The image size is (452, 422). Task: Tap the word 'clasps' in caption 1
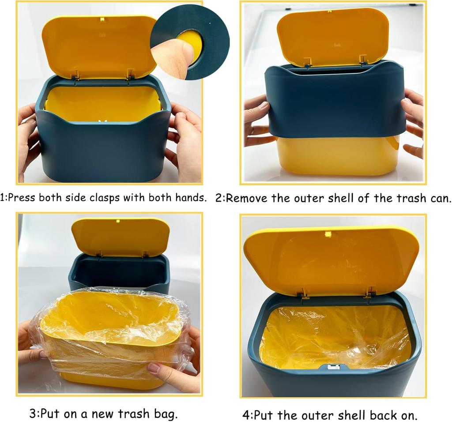click(103, 197)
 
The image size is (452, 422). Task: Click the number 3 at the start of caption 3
click(33, 414)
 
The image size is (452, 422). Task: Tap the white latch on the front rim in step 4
click(333, 366)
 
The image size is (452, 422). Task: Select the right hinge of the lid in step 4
click(368, 292)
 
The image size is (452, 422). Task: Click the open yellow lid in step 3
click(120, 236)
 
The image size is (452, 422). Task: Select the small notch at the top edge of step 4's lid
click(327, 234)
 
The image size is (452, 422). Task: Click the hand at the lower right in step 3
click(177, 375)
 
